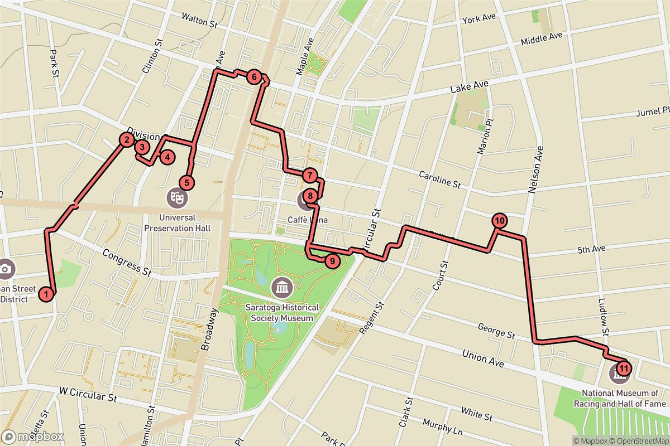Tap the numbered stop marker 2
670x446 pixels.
tap(127, 140)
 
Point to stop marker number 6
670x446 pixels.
tap(254, 77)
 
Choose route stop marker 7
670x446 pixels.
tap(310, 176)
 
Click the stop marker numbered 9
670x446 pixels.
tap(331, 260)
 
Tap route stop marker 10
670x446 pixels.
tap(499, 220)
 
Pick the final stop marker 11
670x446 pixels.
tap(624, 368)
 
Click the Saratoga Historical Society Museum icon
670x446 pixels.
tap(280, 288)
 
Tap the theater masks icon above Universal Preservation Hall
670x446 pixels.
tap(176, 197)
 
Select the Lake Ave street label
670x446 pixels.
tap(470, 88)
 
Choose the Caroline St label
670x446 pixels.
tap(440, 179)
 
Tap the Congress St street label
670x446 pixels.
tap(127, 263)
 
